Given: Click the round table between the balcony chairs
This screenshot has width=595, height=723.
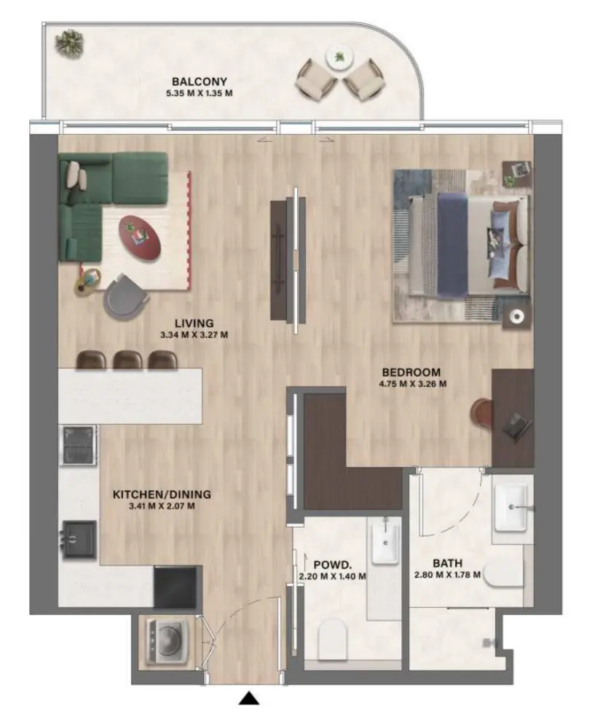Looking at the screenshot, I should (339, 58).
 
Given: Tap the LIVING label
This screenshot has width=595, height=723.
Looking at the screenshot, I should (194, 323).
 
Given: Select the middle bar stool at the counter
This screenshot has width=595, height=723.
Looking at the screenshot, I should (128, 360).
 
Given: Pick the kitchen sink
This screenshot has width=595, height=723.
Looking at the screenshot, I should (79, 538).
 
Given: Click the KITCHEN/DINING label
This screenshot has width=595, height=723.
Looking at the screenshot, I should (153, 494).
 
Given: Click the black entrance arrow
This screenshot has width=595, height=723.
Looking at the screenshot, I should (250, 699).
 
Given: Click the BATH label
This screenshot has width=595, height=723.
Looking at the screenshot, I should (446, 563).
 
